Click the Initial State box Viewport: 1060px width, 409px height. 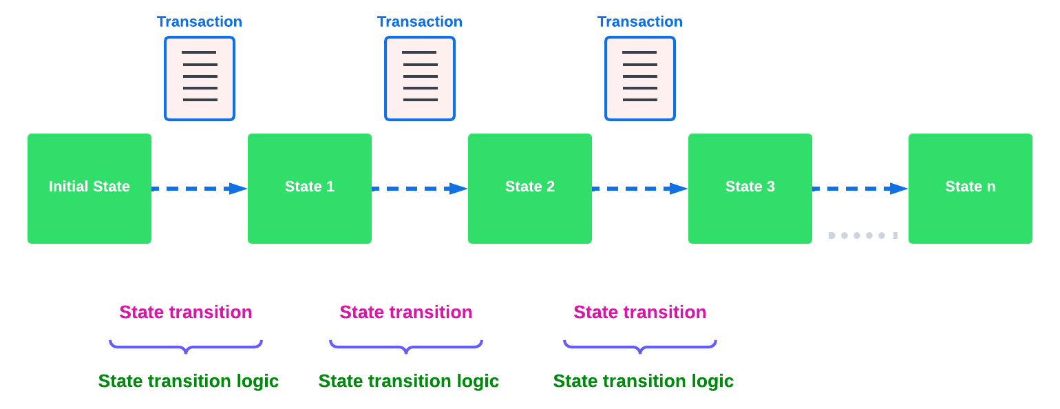89,189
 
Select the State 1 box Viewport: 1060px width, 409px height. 310,189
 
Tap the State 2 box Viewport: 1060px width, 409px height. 530,189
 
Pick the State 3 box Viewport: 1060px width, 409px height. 750,189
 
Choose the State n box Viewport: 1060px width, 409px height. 971,189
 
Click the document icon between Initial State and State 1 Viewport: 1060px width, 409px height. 200,78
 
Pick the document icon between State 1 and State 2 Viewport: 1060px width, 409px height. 420,78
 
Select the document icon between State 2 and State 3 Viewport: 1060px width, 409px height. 640,78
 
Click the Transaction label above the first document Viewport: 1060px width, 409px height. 200,21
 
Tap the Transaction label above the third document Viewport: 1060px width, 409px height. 640,21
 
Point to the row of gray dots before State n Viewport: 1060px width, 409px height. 863,235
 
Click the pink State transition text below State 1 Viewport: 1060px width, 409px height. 406,312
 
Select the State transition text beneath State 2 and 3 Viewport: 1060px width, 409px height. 640,312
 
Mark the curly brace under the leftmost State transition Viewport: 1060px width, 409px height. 186,346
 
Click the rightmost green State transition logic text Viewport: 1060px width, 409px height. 644,381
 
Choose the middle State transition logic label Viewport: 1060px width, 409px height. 409,381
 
